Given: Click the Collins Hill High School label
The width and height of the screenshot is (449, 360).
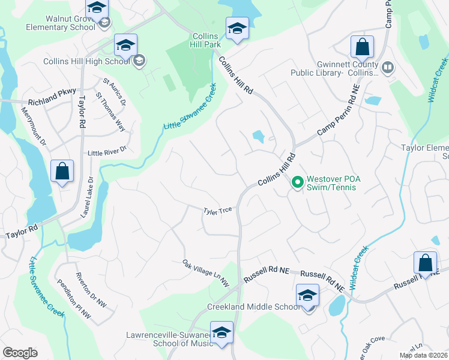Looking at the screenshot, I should click(x=86, y=61).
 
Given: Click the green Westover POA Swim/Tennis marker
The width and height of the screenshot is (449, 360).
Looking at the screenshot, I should click(x=297, y=181).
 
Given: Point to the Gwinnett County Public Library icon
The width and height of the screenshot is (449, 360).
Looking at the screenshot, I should click(x=387, y=67).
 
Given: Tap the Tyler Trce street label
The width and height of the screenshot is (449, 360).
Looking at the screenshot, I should click(x=217, y=211).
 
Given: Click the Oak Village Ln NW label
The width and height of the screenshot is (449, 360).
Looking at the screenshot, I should click(x=206, y=272).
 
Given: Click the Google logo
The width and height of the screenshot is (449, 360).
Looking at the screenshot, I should click(x=20, y=353).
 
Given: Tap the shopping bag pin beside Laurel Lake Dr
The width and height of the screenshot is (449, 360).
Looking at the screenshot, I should click(x=62, y=172).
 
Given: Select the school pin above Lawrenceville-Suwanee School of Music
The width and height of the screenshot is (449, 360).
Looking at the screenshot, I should click(x=221, y=334).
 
